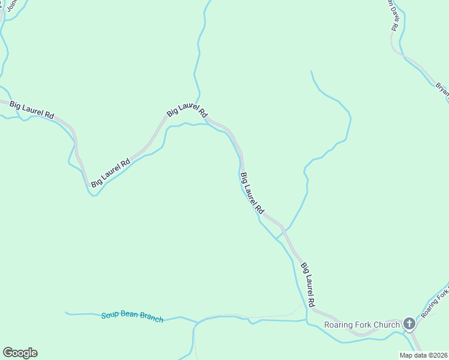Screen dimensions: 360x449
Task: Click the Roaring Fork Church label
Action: (x=362, y=325)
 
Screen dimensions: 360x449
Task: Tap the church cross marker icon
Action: (x=409, y=325)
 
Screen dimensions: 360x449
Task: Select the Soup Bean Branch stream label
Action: (x=132, y=317)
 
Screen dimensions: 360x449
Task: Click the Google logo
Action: (x=20, y=353)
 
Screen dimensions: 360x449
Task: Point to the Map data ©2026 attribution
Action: (x=424, y=355)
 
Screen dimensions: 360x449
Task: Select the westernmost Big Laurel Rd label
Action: (x=32, y=110)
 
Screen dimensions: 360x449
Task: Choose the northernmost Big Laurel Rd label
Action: (x=187, y=110)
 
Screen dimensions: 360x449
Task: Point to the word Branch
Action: (x=151, y=318)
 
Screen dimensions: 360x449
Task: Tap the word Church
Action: (x=387, y=325)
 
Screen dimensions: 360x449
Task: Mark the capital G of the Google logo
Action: (x=8, y=353)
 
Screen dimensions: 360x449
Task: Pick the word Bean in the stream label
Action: (x=128, y=316)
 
